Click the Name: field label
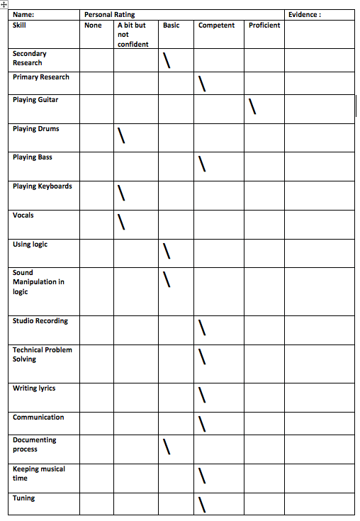(23, 14)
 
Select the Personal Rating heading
(109, 14)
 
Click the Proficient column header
(264, 26)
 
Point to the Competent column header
(217, 26)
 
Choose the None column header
(93, 26)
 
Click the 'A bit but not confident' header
(133, 35)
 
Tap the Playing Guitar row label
(35, 100)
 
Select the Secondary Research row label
(29, 58)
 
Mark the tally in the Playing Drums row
(122, 135)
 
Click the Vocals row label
(23, 215)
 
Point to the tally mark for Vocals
(122, 222)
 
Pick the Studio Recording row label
(40, 321)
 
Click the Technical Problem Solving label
(42, 354)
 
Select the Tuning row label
(23, 498)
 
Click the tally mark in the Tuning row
(202, 505)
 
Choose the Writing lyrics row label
(34, 388)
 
